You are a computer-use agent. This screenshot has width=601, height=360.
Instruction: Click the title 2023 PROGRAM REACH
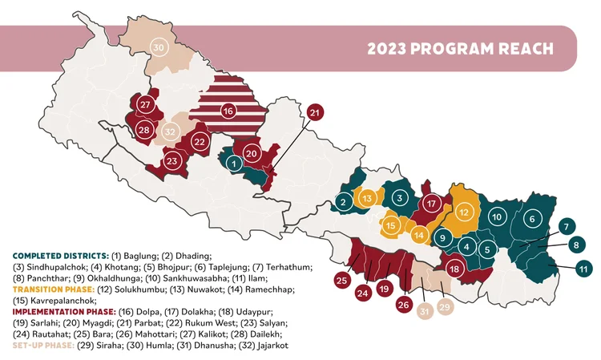[460, 48]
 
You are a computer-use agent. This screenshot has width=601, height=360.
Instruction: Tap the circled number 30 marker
[159, 48]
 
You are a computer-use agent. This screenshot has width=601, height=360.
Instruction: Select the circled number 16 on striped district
[228, 111]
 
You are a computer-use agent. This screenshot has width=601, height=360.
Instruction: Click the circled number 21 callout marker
[315, 112]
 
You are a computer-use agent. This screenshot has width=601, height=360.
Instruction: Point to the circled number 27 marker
[145, 105]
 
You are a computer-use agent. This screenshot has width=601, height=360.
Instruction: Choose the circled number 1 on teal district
[233, 163]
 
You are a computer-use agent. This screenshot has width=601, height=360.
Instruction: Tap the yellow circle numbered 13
[367, 197]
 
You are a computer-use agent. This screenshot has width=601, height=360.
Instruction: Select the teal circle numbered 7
[567, 226]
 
